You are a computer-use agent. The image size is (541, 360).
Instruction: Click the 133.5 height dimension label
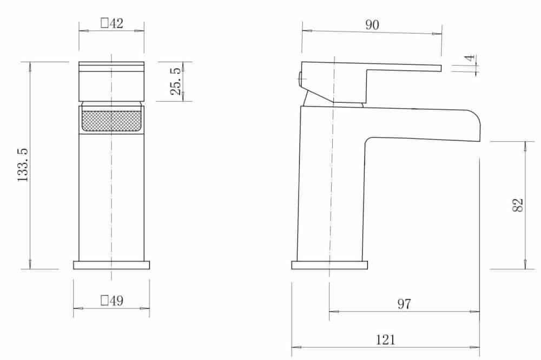[x=23, y=165]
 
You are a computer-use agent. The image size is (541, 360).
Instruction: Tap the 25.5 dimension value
[x=176, y=81]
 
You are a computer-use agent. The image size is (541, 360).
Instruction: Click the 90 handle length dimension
[x=372, y=25]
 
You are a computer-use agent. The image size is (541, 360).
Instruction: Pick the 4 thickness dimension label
[x=470, y=57]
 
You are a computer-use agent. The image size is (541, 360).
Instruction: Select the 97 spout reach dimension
[x=404, y=304]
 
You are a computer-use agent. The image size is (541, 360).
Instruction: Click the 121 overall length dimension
[x=385, y=340]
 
